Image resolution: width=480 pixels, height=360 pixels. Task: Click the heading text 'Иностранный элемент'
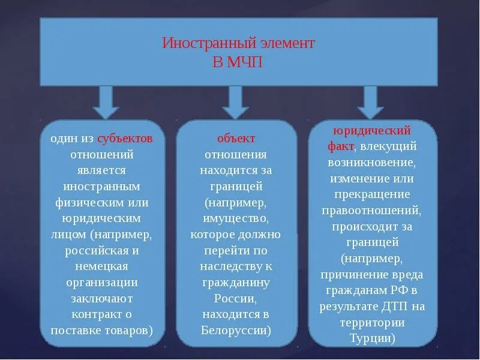pos(239,44)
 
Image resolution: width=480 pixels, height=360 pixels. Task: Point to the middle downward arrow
pos(235,102)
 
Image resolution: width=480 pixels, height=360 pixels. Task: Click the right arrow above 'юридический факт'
pos(370,102)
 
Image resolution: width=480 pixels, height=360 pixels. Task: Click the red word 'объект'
pos(236,139)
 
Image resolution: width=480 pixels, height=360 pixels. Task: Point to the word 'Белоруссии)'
pos(236,330)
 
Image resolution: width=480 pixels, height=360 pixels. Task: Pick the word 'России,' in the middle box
pos(236,298)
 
